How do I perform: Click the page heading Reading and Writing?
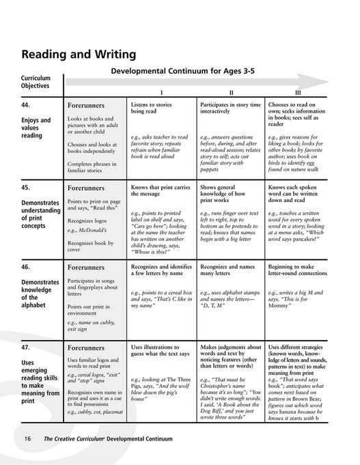coord(79,54)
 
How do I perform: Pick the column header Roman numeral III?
coord(297,91)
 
